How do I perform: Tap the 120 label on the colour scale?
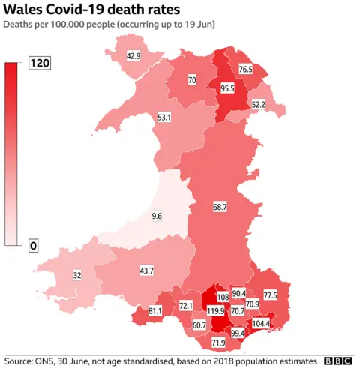pos(39,64)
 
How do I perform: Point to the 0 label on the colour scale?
pos(34,245)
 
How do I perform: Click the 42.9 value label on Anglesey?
pos(133,55)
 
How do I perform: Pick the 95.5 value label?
pos(227,88)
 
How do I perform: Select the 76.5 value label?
pos(246,69)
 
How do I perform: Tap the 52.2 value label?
pos(259,105)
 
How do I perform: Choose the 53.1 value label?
pos(164,118)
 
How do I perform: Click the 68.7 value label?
pos(220,205)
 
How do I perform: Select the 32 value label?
pos(77,275)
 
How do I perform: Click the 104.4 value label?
pos(261,323)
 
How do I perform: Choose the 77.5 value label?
pos(270,295)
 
